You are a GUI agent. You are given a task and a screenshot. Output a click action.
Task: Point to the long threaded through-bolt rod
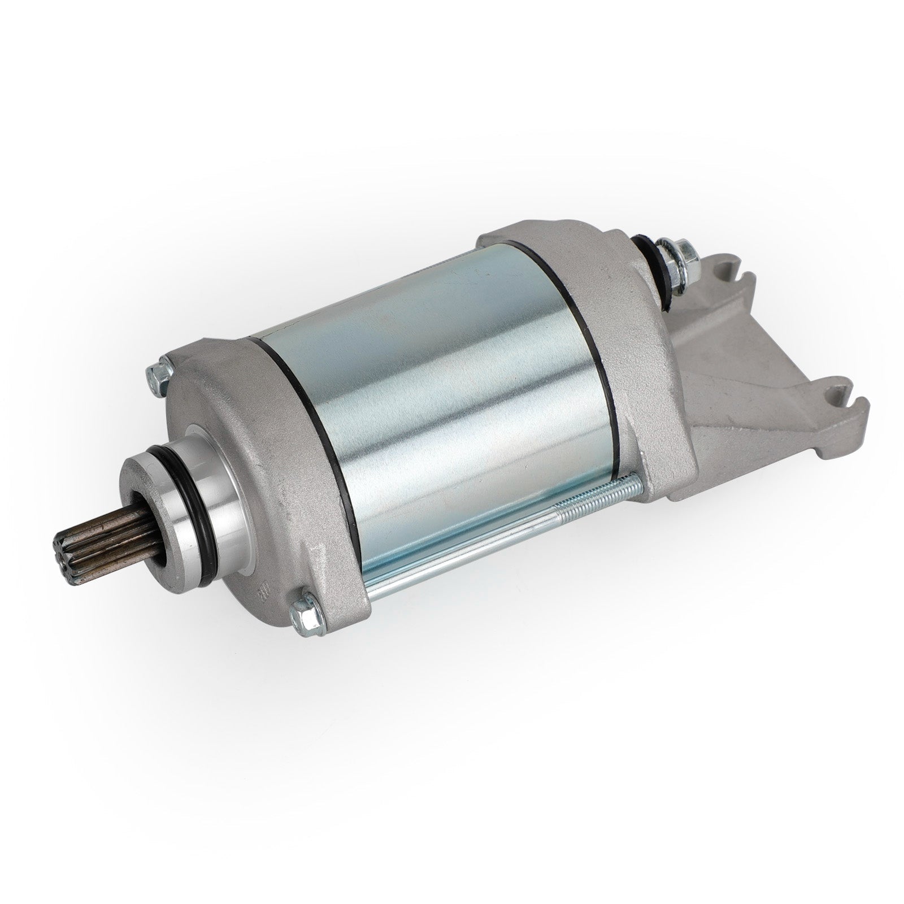point(508,520)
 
